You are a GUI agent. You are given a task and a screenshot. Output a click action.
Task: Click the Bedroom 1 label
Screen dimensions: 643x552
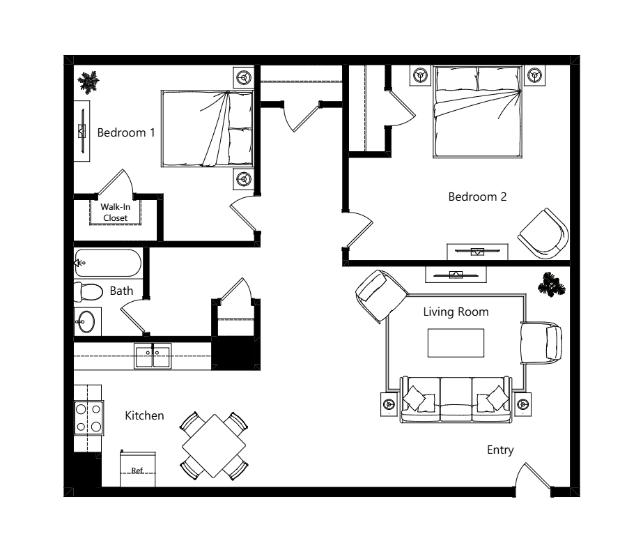coord(126,132)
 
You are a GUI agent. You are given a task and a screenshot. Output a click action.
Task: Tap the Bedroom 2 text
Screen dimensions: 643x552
coord(477,197)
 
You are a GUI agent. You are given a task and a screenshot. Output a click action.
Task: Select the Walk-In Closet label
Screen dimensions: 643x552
coord(115,212)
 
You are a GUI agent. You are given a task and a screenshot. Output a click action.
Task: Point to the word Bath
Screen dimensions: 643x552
coord(121,291)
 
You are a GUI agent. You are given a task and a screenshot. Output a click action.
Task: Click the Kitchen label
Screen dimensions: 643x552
coord(144,416)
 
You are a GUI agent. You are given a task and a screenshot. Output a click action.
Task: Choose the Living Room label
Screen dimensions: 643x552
coord(456,312)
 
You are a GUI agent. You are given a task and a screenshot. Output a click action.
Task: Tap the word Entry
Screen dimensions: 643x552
coord(500,450)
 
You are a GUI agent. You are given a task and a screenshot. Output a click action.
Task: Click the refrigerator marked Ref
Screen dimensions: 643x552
coord(138,469)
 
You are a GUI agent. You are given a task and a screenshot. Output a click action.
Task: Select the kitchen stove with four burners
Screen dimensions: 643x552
coord(88,417)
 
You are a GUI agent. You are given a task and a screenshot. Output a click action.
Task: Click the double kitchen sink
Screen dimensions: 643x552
coord(153,356)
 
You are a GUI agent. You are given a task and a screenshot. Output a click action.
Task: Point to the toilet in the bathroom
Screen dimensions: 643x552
coord(88,292)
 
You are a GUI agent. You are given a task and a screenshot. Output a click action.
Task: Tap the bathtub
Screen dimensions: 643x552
coord(108,263)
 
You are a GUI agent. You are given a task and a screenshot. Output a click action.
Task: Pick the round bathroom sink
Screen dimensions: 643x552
coord(86,322)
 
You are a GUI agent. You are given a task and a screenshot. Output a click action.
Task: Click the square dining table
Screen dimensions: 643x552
coord(214,445)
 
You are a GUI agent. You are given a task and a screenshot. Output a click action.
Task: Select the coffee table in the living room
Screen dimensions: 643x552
coord(456,343)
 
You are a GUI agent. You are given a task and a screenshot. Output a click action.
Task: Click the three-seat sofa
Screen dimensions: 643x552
coord(456,399)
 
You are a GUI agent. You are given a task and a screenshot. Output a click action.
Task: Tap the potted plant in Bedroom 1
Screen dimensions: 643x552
coord(88,82)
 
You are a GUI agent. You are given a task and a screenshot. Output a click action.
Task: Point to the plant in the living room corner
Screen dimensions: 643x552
coord(552,284)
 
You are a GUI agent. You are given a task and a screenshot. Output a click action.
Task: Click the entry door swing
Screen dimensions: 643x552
coord(533,475)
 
